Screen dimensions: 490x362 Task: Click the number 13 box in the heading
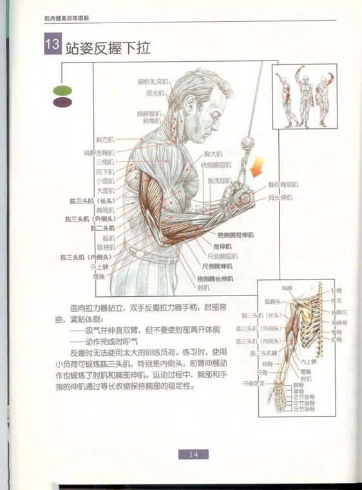pos(52,46)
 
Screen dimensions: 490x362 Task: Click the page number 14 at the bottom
pos(193,453)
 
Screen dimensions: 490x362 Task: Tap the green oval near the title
pos(62,91)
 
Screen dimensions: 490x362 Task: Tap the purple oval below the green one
pos(62,102)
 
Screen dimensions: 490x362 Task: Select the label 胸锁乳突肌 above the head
pos(152,82)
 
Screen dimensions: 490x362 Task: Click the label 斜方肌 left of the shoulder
pos(104,139)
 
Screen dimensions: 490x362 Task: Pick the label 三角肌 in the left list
pos(105,163)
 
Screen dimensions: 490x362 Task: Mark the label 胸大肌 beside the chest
pos(213,155)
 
